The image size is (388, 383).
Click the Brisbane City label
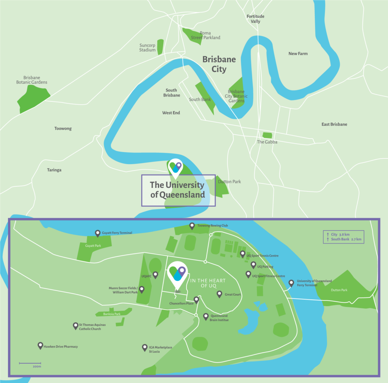(219, 64)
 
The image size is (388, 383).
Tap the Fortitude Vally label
(255, 19)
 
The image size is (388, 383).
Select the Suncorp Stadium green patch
(161, 47)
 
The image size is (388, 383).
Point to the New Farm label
(298, 54)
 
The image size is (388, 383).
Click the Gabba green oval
(268, 135)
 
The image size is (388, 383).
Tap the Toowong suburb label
(63, 129)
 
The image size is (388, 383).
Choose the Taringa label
(54, 170)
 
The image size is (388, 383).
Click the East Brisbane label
(334, 124)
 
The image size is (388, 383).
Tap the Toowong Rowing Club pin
(192, 226)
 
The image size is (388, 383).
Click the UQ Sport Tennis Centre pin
(242, 254)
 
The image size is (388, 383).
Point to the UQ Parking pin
(253, 265)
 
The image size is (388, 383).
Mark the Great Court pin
(219, 294)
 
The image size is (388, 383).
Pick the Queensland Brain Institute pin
(206, 316)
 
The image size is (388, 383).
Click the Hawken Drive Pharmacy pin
(40, 345)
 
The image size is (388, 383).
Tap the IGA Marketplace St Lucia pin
(144, 347)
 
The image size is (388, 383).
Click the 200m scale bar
(30, 363)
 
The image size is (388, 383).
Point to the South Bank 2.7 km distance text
(346, 239)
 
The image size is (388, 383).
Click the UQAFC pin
(155, 275)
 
